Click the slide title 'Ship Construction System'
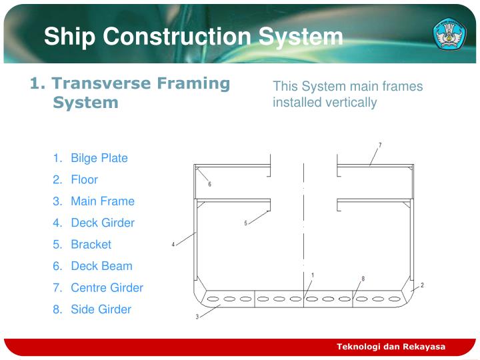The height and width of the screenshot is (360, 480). (193, 37)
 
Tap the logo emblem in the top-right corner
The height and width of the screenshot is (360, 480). (450, 33)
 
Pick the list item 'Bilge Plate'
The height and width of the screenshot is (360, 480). (99, 158)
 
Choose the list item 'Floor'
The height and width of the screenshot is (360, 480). (84, 179)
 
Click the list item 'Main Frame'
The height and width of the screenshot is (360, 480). (102, 201)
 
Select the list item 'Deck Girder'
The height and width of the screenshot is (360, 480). (102, 223)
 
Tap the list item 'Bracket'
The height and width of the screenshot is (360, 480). (91, 244)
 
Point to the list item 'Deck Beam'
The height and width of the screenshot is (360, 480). (101, 265)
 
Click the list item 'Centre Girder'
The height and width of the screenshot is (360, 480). (107, 287)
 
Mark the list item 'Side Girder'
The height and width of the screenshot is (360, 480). (101, 309)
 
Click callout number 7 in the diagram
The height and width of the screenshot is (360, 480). (380, 145)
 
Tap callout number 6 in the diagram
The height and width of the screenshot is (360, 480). (209, 184)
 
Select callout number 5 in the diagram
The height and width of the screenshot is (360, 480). (245, 223)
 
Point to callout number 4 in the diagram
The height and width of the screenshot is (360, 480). (173, 245)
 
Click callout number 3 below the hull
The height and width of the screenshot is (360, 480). (197, 317)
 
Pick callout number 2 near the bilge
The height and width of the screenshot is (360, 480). (422, 285)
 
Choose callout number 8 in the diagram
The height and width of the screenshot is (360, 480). (363, 278)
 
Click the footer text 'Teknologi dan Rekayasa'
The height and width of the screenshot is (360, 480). (391, 347)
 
